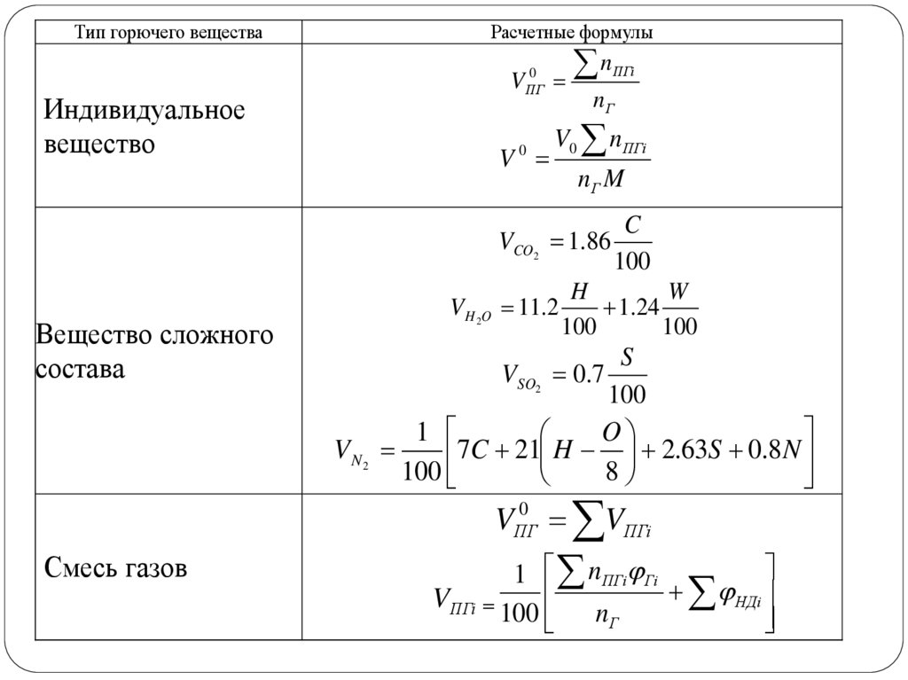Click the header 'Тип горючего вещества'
(168, 33)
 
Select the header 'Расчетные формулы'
(572, 33)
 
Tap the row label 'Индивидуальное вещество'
(145, 127)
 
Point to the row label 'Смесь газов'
(115, 567)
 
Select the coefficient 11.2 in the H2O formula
(540, 308)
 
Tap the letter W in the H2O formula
(679, 292)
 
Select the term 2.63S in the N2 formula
(693, 451)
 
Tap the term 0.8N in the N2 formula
(774, 451)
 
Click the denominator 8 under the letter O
(611, 470)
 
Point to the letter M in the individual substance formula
(614, 181)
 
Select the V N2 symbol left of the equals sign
(350, 452)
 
